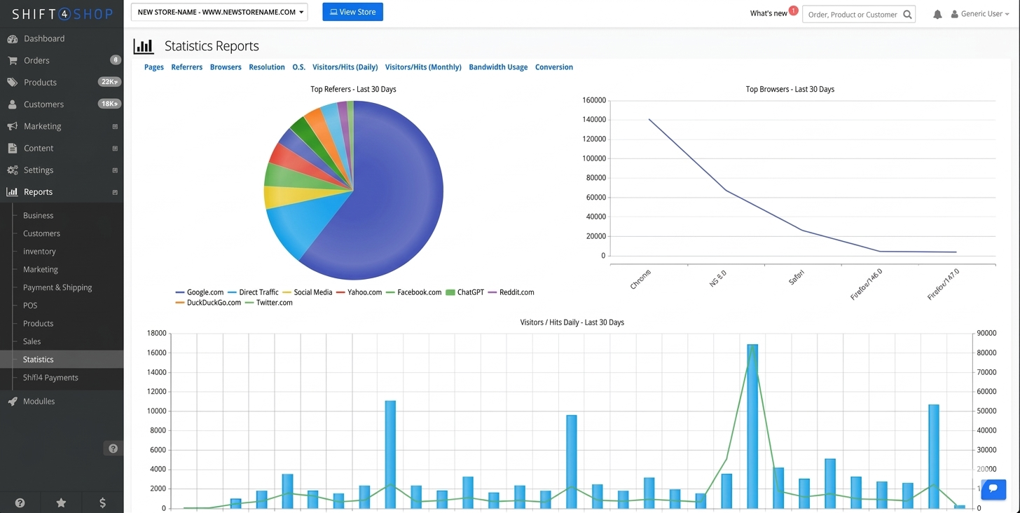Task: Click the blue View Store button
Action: [352, 12]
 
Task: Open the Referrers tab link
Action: [186, 67]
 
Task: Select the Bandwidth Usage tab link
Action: [498, 67]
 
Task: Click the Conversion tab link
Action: [553, 67]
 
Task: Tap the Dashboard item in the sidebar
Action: [43, 39]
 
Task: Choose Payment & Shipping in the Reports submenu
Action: [57, 287]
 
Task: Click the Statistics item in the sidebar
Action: [38, 360]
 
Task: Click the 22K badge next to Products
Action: [109, 82]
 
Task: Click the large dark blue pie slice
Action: [392, 203]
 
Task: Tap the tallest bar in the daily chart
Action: [752, 420]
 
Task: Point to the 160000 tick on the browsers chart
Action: [593, 100]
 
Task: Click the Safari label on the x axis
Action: [797, 278]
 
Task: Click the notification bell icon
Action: [937, 14]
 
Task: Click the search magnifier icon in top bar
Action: [907, 14]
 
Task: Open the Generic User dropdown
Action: [981, 14]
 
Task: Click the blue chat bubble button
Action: [993, 489]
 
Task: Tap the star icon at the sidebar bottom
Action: [61, 502]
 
